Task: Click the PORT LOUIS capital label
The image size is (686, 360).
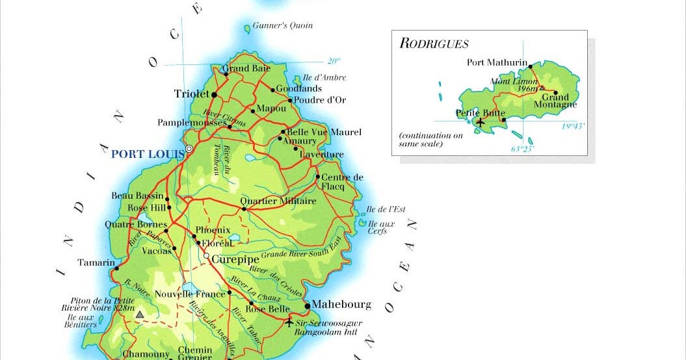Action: [x=147, y=155]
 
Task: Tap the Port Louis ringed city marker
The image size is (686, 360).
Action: [x=189, y=149]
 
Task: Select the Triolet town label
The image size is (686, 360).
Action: [x=192, y=94]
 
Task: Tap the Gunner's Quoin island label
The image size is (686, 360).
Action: [x=283, y=25]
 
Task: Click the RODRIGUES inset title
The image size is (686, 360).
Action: [x=434, y=44]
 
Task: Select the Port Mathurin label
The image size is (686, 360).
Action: [x=497, y=62]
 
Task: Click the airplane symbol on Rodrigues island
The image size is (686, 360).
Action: [x=481, y=122]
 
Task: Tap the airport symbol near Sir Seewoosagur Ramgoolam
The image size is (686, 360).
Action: [x=289, y=322]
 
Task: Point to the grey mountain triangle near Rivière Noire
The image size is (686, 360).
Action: [x=139, y=315]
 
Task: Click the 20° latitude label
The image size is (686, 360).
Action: [x=334, y=61]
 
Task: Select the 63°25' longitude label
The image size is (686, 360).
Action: [x=522, y=149]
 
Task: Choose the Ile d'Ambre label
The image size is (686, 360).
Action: [x=324, y=77]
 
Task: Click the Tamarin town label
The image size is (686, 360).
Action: [x=95, y=263]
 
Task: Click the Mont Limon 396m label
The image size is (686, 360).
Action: [x=516, y=85]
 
